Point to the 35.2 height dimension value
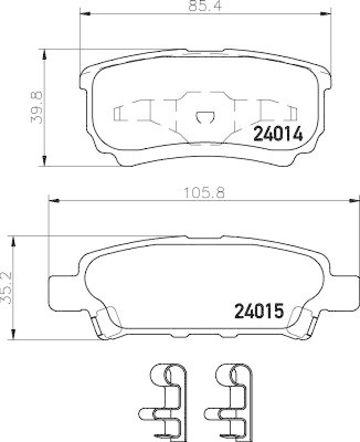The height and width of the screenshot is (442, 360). pos(6,287)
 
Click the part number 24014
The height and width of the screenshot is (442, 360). pos(278,134)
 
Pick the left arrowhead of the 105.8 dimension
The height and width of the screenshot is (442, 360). pos(53,202)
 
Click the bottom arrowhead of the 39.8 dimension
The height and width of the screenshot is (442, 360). pos(44,162)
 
